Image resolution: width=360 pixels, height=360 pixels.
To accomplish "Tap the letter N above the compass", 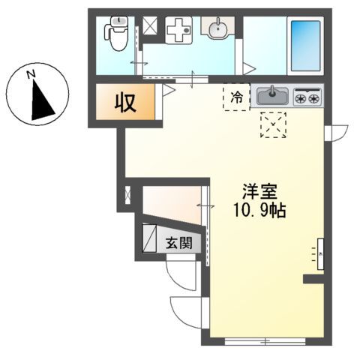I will click(31, 73).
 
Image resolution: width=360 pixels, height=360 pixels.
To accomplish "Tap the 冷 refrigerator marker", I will click(236, 96).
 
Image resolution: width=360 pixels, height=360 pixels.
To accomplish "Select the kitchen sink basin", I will click(271, 96).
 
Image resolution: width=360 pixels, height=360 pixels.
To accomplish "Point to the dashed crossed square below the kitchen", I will click(273, 124).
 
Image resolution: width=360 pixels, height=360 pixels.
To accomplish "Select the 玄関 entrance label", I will click(178, 242).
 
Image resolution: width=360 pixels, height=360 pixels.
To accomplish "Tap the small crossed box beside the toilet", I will click(151, 26).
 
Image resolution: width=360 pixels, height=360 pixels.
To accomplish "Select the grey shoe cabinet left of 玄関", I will click(148, 238).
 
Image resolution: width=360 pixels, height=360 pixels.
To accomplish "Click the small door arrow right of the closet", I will click(168, 91).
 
